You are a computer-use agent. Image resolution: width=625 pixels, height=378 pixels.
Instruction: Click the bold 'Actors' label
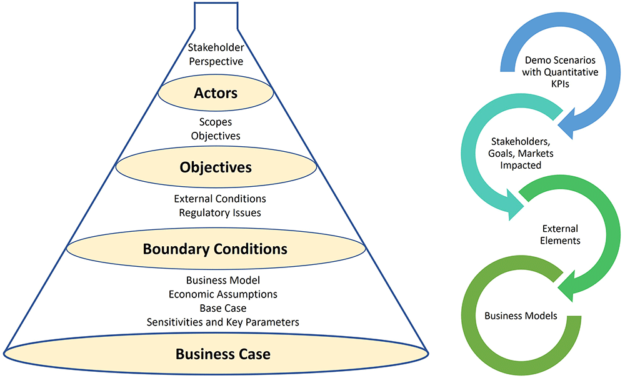(x=216, y=93)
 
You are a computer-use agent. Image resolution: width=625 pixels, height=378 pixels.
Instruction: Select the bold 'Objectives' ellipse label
(x=216, y=167)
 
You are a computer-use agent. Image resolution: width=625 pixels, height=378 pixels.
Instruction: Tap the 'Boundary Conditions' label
(x=215, y=249)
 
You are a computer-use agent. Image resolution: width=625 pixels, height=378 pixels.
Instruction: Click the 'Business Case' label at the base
(x=223, y=354)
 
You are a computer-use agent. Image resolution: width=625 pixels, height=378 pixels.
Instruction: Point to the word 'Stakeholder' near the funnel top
(x=216, y=47)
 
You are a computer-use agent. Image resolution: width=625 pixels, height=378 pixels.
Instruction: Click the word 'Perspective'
(x=216, y=62)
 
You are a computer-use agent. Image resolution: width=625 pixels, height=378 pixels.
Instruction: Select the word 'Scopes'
(x=216, y=122)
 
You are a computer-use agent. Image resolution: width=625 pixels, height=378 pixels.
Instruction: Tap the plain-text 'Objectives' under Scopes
(x=216, y=136)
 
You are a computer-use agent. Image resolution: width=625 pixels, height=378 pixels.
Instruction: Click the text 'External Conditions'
(x=220, y=199)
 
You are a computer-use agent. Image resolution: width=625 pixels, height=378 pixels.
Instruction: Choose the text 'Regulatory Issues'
(x=220, y=212)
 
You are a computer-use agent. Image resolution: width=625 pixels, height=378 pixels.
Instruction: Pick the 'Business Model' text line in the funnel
(x=223, y=281)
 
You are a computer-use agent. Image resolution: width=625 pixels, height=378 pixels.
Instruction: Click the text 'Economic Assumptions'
(x=223, y=294)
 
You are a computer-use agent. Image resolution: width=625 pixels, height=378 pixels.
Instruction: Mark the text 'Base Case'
(x=223, y=308)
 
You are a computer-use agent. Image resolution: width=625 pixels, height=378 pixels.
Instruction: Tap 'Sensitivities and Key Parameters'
(x=223, y=322)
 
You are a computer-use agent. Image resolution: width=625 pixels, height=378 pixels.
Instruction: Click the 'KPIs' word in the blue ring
(x=560, y=84)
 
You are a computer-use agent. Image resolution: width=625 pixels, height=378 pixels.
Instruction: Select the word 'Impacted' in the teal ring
(x=521, y=166)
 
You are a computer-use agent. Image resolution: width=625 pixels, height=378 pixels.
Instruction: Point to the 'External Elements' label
(x=560, y=234)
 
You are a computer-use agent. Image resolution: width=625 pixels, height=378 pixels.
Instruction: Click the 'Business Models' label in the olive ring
(x=521, y=316)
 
